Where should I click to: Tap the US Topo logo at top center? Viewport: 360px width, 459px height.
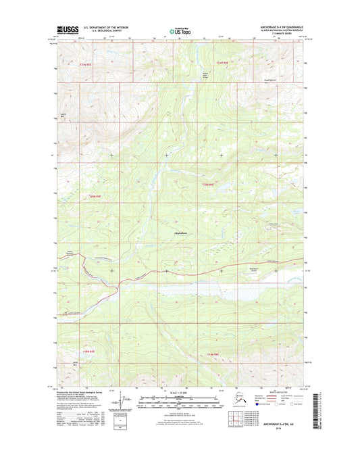[180, 30]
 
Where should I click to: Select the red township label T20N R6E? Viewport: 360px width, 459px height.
[210, 184]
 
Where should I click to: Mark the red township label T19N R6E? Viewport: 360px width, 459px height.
[213, 354]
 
